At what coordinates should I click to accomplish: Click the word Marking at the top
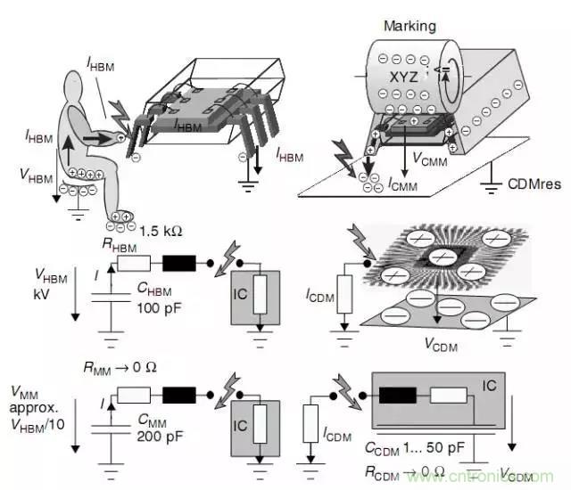[x=409, y=26]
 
